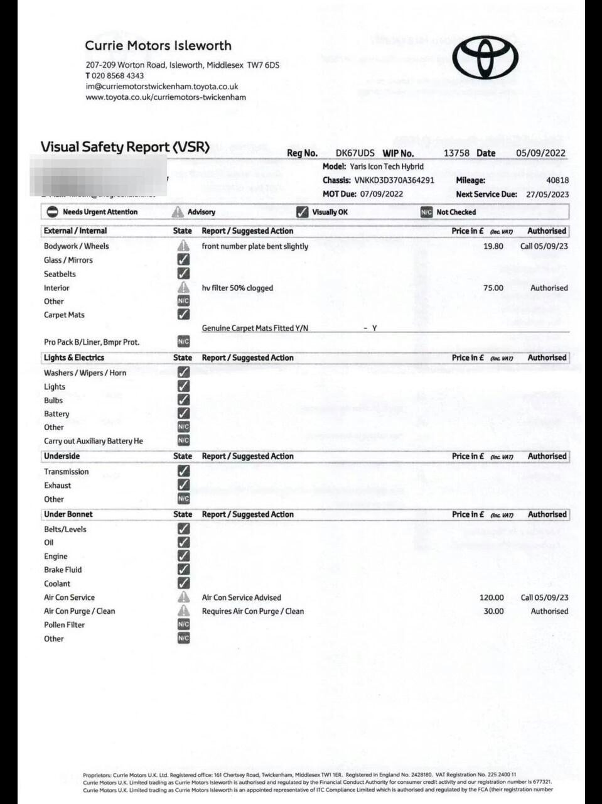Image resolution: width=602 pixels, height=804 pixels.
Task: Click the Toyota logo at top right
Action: pyautogui.click(x=485, y=57)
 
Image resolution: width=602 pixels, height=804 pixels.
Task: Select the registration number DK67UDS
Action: pyautogui.click(x=355, y=153)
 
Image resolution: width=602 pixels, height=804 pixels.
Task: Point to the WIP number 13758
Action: pyautogui.click(x=456, y=153)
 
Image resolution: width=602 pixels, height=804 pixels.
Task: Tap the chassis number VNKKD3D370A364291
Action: pyautogui.click(x=394, y=180)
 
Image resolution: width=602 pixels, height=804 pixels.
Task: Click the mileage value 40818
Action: pyautogui.click(x=557, y=180)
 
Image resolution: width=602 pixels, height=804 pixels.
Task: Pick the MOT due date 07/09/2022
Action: pyautogui.click(x=382, y=194)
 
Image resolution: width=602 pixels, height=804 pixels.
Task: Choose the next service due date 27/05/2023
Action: pyautogui.click(x=547, y=195)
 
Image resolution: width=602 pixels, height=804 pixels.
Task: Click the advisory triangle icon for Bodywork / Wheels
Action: pyautogui.click(x=183, y=246)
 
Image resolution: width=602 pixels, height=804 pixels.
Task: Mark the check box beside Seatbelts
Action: pyautogui.click(x=183, y=274)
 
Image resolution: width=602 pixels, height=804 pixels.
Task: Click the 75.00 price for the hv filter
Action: pyautogui.click(x=493, y=288)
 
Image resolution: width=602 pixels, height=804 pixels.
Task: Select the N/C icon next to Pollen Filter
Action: pyautogui.click(x=183, y=625)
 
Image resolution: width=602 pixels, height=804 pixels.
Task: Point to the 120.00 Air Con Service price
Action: pyautogui.click(x=492, y=597)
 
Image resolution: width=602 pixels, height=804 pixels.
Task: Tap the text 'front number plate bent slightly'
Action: pyautogui.click(x=255, y=246)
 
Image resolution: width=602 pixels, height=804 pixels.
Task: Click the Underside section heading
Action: pyautogui.click(x=62, y=456)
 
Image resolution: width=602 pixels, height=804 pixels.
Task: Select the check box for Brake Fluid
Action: pyautogui.click(x=183, y=570)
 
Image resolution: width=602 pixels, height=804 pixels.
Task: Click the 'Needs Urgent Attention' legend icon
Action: pyautogui.click(x=53, y=212)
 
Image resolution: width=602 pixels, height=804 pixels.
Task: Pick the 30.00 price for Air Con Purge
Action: pyautogui.click(x=493, y=611)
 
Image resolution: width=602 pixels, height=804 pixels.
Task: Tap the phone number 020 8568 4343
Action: pyautogui.click(x=117, y=75)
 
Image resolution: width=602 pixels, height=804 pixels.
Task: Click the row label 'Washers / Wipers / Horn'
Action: pyautogui.click(x=85, y=373)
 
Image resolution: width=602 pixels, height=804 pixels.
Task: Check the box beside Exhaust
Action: pyautogui.click(x=183, y=485)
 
